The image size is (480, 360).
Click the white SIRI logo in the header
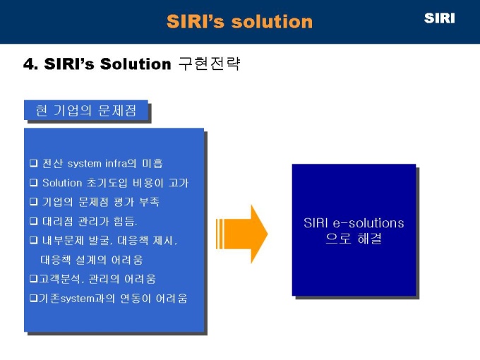439,18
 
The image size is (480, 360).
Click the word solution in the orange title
272,22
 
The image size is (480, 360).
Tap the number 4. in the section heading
30,64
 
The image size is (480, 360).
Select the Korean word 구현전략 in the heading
210,64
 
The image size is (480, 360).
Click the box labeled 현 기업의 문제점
86,110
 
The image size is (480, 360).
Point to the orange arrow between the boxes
242,234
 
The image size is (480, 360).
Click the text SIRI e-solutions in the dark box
354,223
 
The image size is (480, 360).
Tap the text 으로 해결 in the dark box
354,239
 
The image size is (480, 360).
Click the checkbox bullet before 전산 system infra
33,163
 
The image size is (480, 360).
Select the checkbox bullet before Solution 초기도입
33,182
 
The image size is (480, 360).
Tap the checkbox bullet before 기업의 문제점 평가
33,202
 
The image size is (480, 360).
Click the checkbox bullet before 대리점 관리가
33,221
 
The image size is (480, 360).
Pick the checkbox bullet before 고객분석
33,279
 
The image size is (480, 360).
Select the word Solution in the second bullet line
62,183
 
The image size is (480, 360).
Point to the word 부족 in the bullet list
149,202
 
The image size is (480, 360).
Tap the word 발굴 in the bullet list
99,240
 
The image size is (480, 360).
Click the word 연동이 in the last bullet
136,298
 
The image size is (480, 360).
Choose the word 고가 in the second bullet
178,183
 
